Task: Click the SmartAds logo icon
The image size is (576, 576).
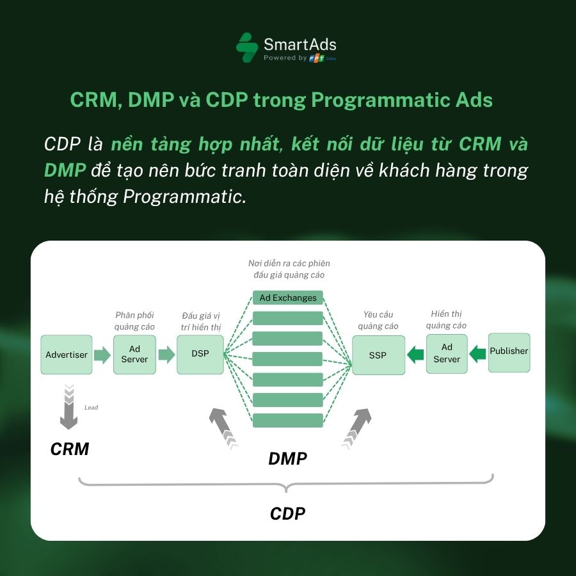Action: [x=247, y=48]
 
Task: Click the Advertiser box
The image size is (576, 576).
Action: [x=67, y=354]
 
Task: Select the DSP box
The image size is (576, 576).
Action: [x=200, y=353]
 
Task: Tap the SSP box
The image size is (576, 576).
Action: [x=378, y=355]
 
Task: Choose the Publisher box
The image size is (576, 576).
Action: [x=509, y=351]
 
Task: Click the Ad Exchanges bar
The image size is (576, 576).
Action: [x=288, y=298]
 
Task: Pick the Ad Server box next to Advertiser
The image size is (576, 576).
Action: [x=134, y=354]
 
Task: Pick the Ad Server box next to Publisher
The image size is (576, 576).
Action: [x=447, y=353]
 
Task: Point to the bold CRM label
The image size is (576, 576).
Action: [x=70, y=449]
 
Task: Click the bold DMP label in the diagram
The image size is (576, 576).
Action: [x=287, y=458]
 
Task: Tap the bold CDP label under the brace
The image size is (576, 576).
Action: [x=287, y=513]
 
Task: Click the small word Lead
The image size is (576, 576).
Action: [x=92, y=407]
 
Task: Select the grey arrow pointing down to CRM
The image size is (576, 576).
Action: [x=68, y=408]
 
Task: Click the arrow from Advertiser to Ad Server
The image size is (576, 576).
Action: [x=102, y=355]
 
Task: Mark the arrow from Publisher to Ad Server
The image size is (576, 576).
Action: [x=477, y=352]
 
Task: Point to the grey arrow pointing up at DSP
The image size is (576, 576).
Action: [x=221, y=425]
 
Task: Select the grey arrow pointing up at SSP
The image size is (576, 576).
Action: [x=357, y=425]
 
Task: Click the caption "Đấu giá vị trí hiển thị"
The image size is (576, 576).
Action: [x=201, y=321]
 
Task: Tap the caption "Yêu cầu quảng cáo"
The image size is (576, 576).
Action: [x=378, y=320]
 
